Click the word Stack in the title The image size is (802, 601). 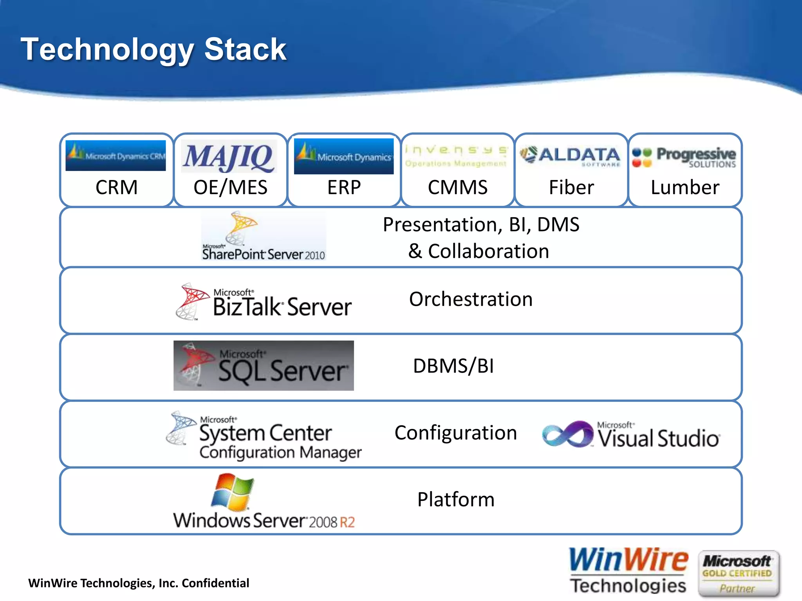pos(245,50)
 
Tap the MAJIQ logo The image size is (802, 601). pos(229,157)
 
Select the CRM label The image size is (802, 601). pos(116,187)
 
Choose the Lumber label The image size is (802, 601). pos(685,187)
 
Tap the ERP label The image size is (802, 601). pos(344,187)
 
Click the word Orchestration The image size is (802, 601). pos(471,299)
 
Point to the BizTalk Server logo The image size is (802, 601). pos(264,302)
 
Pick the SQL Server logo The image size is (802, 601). pos(264,365)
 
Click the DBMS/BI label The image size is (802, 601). pos(453,366)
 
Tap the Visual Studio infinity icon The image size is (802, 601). pos(567,434)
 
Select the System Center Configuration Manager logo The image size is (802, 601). pos(264,435)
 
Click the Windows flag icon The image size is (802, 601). pos(233,492)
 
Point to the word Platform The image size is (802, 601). pos(456,500)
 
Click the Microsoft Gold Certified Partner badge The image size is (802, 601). pos(738,574)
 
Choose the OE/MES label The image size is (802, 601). pos(230,187)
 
